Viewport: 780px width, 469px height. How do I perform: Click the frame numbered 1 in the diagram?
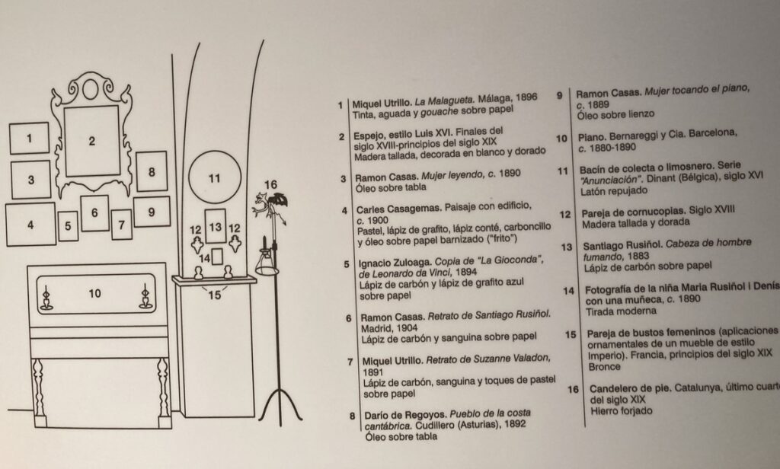pos(29,139)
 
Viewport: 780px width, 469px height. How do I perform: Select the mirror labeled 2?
pos(91,140)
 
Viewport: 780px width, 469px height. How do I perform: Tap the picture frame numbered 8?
pos(152,171)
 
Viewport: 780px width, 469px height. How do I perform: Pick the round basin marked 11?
pos(214,178)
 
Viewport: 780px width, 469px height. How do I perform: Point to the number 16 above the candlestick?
pos(271,183)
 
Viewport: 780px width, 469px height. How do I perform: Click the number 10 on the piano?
pos(94,292)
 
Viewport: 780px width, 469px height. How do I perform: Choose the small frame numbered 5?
pos(68,225)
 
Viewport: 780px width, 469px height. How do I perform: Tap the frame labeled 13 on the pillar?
pos(216,226)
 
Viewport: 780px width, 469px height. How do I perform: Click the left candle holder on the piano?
pos(46,296)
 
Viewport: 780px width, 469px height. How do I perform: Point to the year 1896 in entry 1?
pos(522,98)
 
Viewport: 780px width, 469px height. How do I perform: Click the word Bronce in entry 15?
pos(605,366)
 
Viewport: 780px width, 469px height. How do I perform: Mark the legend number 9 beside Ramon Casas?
pos(560,96)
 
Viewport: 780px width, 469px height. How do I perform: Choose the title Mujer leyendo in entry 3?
pos(446,174)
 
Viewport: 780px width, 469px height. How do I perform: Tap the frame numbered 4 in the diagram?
pos(30,225)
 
